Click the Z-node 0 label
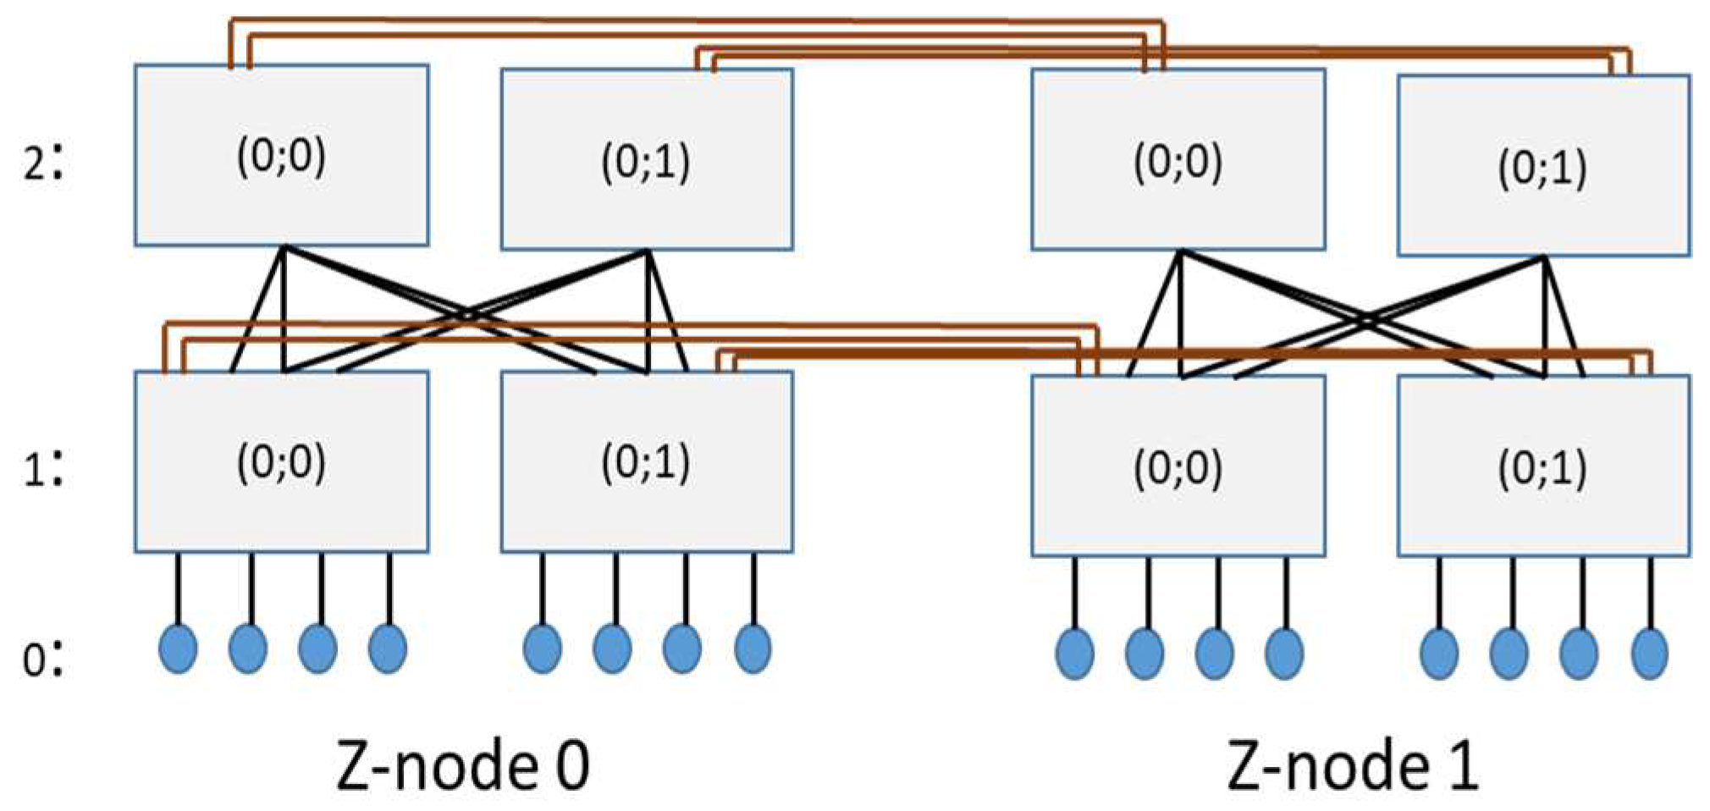pyautogui.click(x=462, y=766)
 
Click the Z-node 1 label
pyautogui.click(x=1352, y=766)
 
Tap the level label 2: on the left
pyautogui.click(x=42, y=162)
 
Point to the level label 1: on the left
pyautogui.click(x=42, y=468)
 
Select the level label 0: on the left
pyautogui.click(x=42, y=659)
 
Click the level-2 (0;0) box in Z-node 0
pyautogui.click(x=281, y=156)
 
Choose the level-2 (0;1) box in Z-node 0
pyautogui.click(x=647, y=160)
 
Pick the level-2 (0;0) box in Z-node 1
pyautogui.click(x=1178, y=160)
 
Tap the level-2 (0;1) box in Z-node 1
pyautogui.click(x=1543, y=166)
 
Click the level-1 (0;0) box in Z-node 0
pyautogui.click(x=281, y=462)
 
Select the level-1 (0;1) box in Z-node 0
pyautogui.click(x=647, y=462)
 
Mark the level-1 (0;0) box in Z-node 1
pyautogui.click(x=1178, y=466)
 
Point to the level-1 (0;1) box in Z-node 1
pyautogui.click(x=1543, y=466)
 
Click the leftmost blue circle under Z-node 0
pyautogui.click(x=178, y=648)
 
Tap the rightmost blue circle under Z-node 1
pyautogui.click(x=1649, y=653)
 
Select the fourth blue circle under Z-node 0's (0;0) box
pyautogui.click(x=388, y=648)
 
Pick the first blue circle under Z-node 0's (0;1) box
pyautogui.click(x=542, y=648)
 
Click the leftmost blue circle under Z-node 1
pyautogui.click(x=1074, y=653)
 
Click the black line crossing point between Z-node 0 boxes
pyautogui.click(x=466, y=315)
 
